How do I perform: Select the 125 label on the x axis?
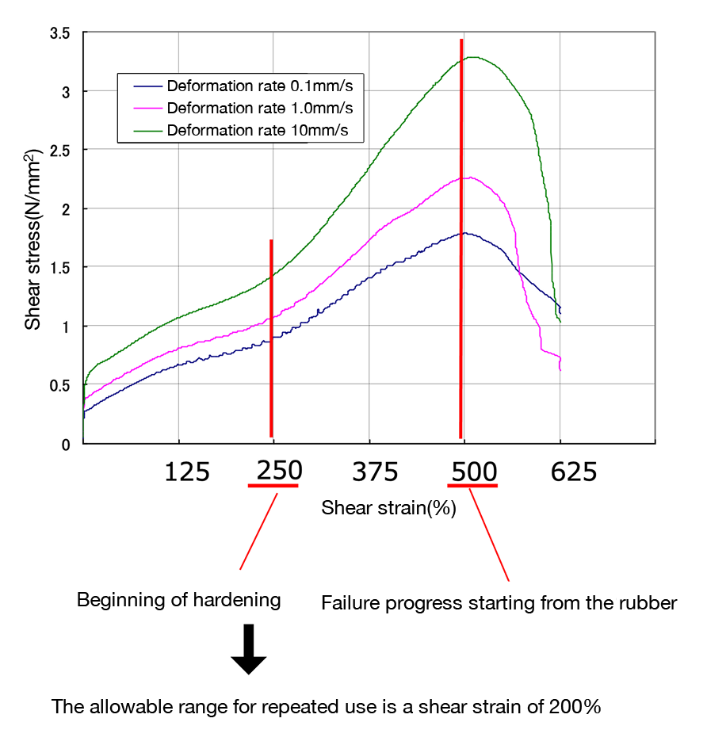pyautogui.click(x=186, y=472)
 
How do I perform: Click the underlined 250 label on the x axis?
pyautogui.click(x=278, y=471)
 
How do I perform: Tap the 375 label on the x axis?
pyautogui.click(x=375, y=472)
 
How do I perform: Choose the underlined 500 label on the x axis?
pyautogui.click(x=474, y=472)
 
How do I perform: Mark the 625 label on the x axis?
pyautogui.click(x=573, y=472)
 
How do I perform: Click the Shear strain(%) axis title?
pyautogui.click(x=388, y=508)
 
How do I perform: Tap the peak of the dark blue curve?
pyautogui.click(x=465, y=233)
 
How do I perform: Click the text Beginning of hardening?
pyautogui.click(x=178, y=600)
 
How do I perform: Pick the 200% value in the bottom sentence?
pyautogui.click(x=575, y=707)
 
